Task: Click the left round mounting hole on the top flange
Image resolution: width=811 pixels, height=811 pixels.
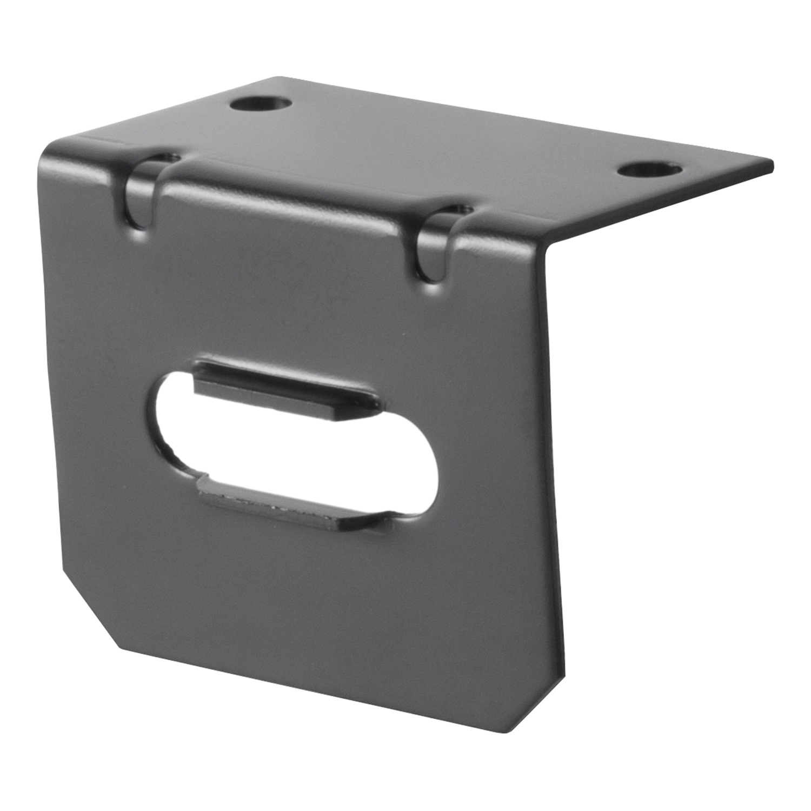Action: tap(261, 103)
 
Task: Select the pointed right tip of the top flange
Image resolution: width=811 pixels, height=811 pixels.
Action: tap(770, 162)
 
